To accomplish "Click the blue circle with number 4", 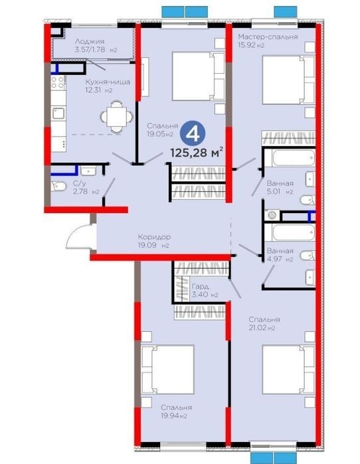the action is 193,135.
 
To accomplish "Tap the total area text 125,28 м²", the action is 197,153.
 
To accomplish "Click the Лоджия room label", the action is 90,41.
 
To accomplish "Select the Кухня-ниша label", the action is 108,82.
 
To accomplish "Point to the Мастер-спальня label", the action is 268,37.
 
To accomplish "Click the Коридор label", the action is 154,237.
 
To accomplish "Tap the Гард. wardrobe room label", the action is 201,287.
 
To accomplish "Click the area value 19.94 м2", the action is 174,416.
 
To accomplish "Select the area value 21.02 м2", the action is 262,328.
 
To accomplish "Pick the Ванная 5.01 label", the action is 280,187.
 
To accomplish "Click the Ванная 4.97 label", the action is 280,255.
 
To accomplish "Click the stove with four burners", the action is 58,82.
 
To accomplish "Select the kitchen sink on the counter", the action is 58,113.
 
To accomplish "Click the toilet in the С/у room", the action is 58,186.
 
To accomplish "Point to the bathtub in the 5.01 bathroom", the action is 294,158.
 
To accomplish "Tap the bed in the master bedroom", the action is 288,80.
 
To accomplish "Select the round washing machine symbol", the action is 272,215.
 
